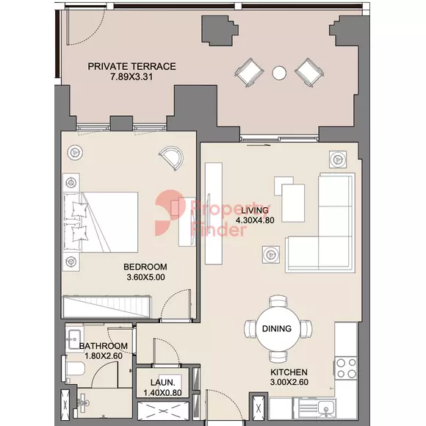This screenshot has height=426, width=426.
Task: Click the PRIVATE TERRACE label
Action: point(131,66)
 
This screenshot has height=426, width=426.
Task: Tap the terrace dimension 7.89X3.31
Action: point(131,77)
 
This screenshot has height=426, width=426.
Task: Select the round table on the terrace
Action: point(279,73)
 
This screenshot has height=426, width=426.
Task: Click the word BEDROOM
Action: point(145,267)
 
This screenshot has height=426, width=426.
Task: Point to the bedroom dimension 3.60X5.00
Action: point(145,277)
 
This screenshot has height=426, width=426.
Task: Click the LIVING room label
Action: point(255,210)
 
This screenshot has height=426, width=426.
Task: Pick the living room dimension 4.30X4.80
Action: point(255,220)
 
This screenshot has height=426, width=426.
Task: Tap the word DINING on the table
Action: point(277,329)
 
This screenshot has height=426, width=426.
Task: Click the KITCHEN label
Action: point(289,372)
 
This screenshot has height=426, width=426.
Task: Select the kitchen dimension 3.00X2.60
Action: point(289,382)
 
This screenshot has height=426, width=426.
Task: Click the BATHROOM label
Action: point(104,346)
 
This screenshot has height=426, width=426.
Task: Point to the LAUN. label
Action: point(163,383)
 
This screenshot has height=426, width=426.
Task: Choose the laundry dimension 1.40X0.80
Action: point(162,393)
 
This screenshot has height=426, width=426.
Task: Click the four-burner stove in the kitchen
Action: point(346,369)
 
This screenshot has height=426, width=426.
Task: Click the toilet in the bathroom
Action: point(73,369)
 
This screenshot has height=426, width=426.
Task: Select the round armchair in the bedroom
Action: point(171,158)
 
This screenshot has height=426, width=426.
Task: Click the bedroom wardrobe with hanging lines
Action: point(106,307)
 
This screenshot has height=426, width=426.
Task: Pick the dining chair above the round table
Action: point(278,301)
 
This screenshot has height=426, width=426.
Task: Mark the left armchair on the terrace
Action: point(249,72)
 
